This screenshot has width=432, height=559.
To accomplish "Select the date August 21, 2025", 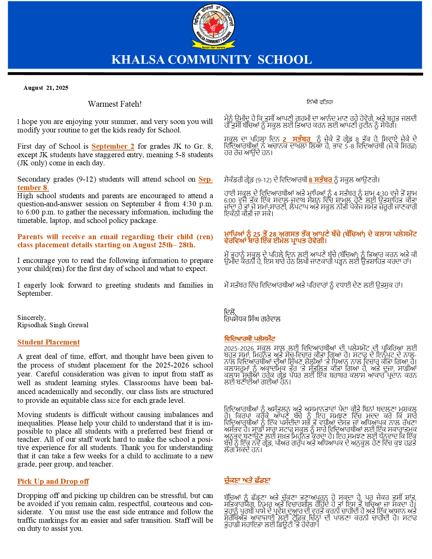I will coord(46,88).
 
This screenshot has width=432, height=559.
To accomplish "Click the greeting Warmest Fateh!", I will coord(115,104).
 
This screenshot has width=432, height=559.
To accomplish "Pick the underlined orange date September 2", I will coord(113,146).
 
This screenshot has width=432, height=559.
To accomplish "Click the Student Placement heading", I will coord(48,342).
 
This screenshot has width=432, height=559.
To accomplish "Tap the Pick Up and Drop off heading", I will coord(53,481).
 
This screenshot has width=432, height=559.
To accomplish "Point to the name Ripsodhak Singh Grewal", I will coord(53,325).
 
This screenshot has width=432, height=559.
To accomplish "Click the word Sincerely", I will coord(31,317).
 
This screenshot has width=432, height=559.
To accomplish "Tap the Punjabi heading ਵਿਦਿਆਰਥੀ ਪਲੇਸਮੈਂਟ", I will coord(249,338).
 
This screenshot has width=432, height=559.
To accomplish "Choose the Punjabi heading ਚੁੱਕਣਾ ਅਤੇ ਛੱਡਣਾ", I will coord(247,480).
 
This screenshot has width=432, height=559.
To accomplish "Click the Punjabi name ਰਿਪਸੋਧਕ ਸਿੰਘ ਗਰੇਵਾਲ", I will coord(252,319).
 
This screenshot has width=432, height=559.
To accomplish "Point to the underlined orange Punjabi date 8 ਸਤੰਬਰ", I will coord(320,180).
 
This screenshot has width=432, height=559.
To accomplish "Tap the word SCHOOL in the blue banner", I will coord(285,60).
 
